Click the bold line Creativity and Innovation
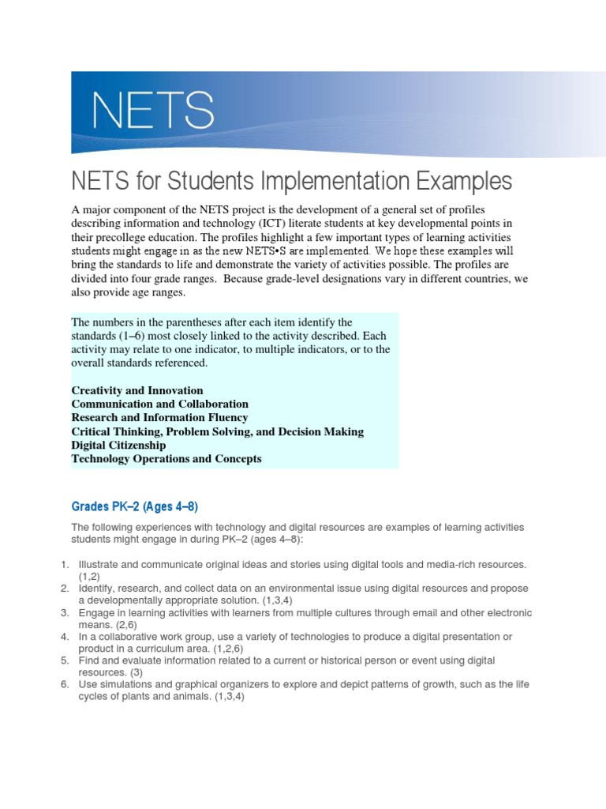pos(137,390)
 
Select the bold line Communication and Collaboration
pos(160,404)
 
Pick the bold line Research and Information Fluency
pos(160,417)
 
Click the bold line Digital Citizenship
pos(119,445)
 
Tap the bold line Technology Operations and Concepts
pos(166,458)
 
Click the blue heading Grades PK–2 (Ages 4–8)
pos(140,506)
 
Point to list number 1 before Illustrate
pos(65,565)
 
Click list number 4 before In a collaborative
pos(65,636)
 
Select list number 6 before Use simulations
pos(65,683)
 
